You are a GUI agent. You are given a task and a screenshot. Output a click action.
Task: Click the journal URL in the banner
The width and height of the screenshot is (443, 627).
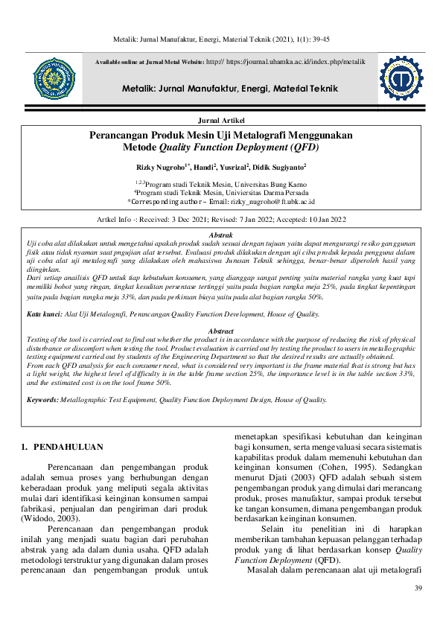coord(295,62)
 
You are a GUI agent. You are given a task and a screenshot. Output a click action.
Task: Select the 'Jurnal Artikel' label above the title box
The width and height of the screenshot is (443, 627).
coord(221,120)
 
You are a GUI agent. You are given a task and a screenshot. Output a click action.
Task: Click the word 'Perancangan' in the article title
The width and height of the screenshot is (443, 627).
coord(126,135)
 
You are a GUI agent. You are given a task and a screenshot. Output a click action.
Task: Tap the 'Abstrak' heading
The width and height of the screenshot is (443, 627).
coord(221,235)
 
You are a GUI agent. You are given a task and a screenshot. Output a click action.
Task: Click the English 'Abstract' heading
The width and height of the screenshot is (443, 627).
coord(220,331)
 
